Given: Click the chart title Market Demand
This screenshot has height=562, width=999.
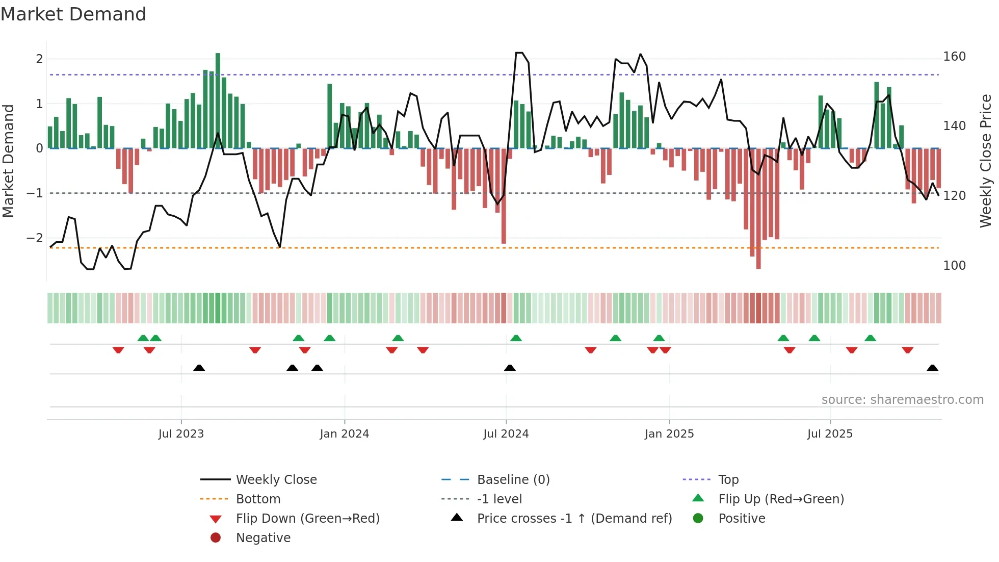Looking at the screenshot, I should [73, 14].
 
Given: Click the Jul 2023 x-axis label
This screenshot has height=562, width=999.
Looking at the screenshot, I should [181, 433].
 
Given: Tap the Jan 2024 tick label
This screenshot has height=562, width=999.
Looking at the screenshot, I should [344, 433].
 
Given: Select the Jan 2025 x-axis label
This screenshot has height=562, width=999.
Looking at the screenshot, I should [669, 433].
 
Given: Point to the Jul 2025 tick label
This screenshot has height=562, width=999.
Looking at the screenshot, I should [830, 433].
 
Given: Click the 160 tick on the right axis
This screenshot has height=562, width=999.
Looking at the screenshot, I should [954, 56].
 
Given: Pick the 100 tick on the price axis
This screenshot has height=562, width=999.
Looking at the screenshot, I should [954, 265].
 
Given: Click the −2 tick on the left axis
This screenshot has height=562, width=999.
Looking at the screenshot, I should [35, 238].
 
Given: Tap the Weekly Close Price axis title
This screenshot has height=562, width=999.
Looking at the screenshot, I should [986, 161].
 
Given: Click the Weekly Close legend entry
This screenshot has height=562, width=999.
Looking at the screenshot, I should [276, 479].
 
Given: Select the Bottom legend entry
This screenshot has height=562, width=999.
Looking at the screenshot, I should [258, 499].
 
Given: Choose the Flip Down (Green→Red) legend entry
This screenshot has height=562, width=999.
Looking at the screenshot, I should [307, 518].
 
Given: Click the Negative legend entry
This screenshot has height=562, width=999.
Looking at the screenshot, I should [263, 538].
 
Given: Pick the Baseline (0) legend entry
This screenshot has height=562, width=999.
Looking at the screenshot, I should [513, 479].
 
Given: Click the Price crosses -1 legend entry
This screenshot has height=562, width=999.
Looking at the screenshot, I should [574, 518].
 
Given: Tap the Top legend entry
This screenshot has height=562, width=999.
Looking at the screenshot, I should [728, 479].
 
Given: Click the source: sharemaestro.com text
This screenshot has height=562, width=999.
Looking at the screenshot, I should [902, 399].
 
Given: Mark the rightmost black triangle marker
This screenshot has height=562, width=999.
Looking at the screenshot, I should [932, 368].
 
